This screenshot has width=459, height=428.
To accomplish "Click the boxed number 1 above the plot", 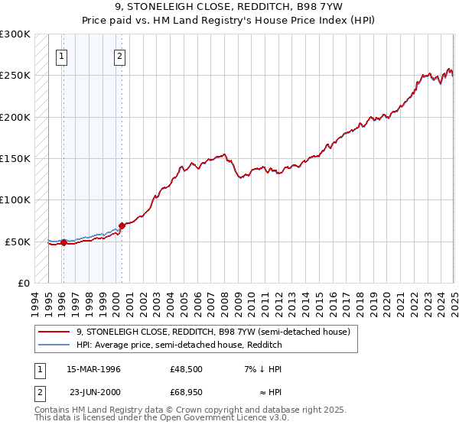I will (61, 55).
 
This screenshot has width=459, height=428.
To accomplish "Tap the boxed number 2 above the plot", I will (120, 55).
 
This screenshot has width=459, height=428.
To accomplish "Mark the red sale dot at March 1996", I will (63, 243).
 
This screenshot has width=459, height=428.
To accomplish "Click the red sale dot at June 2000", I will (122, 225).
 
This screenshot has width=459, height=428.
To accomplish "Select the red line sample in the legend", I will (54, 332).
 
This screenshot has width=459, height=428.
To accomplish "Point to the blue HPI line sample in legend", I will (54, 345).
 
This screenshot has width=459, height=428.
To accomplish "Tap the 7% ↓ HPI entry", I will (262, 369).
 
